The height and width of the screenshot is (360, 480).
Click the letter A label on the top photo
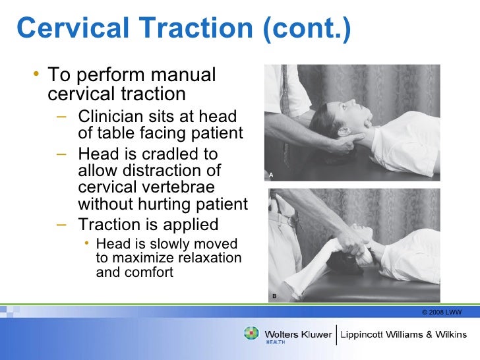pyautogui.click(x=270, y=175)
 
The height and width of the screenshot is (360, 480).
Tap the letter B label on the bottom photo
pyautogui.click(x=274, y=297)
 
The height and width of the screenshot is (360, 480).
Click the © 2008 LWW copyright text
pyautogui.click(x=441, y=311)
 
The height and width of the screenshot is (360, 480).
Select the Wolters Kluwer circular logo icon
pyautogui.click(x=252, y=334)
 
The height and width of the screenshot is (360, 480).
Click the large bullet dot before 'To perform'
pyautogui.click(x=36, y=76)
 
